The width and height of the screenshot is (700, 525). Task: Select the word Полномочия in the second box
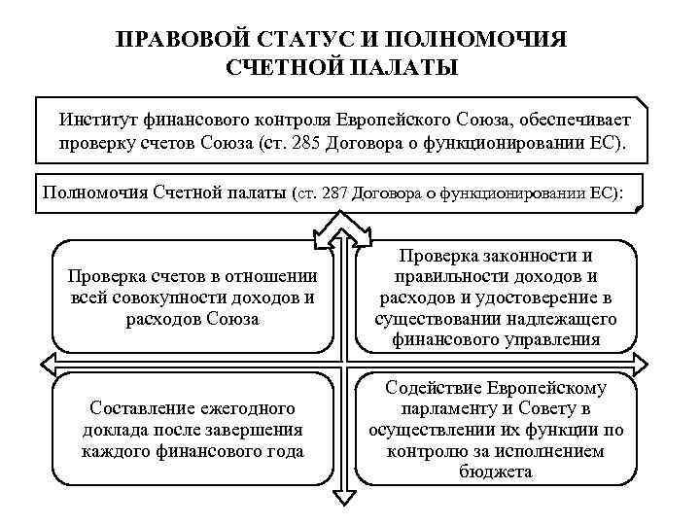[94, 192]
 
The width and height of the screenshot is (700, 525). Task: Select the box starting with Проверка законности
[495, 297]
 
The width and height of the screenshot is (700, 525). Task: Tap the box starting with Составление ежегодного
[192, 429]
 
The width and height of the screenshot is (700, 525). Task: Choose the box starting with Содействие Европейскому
[495, 429]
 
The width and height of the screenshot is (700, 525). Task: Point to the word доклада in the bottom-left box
[116, 429]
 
